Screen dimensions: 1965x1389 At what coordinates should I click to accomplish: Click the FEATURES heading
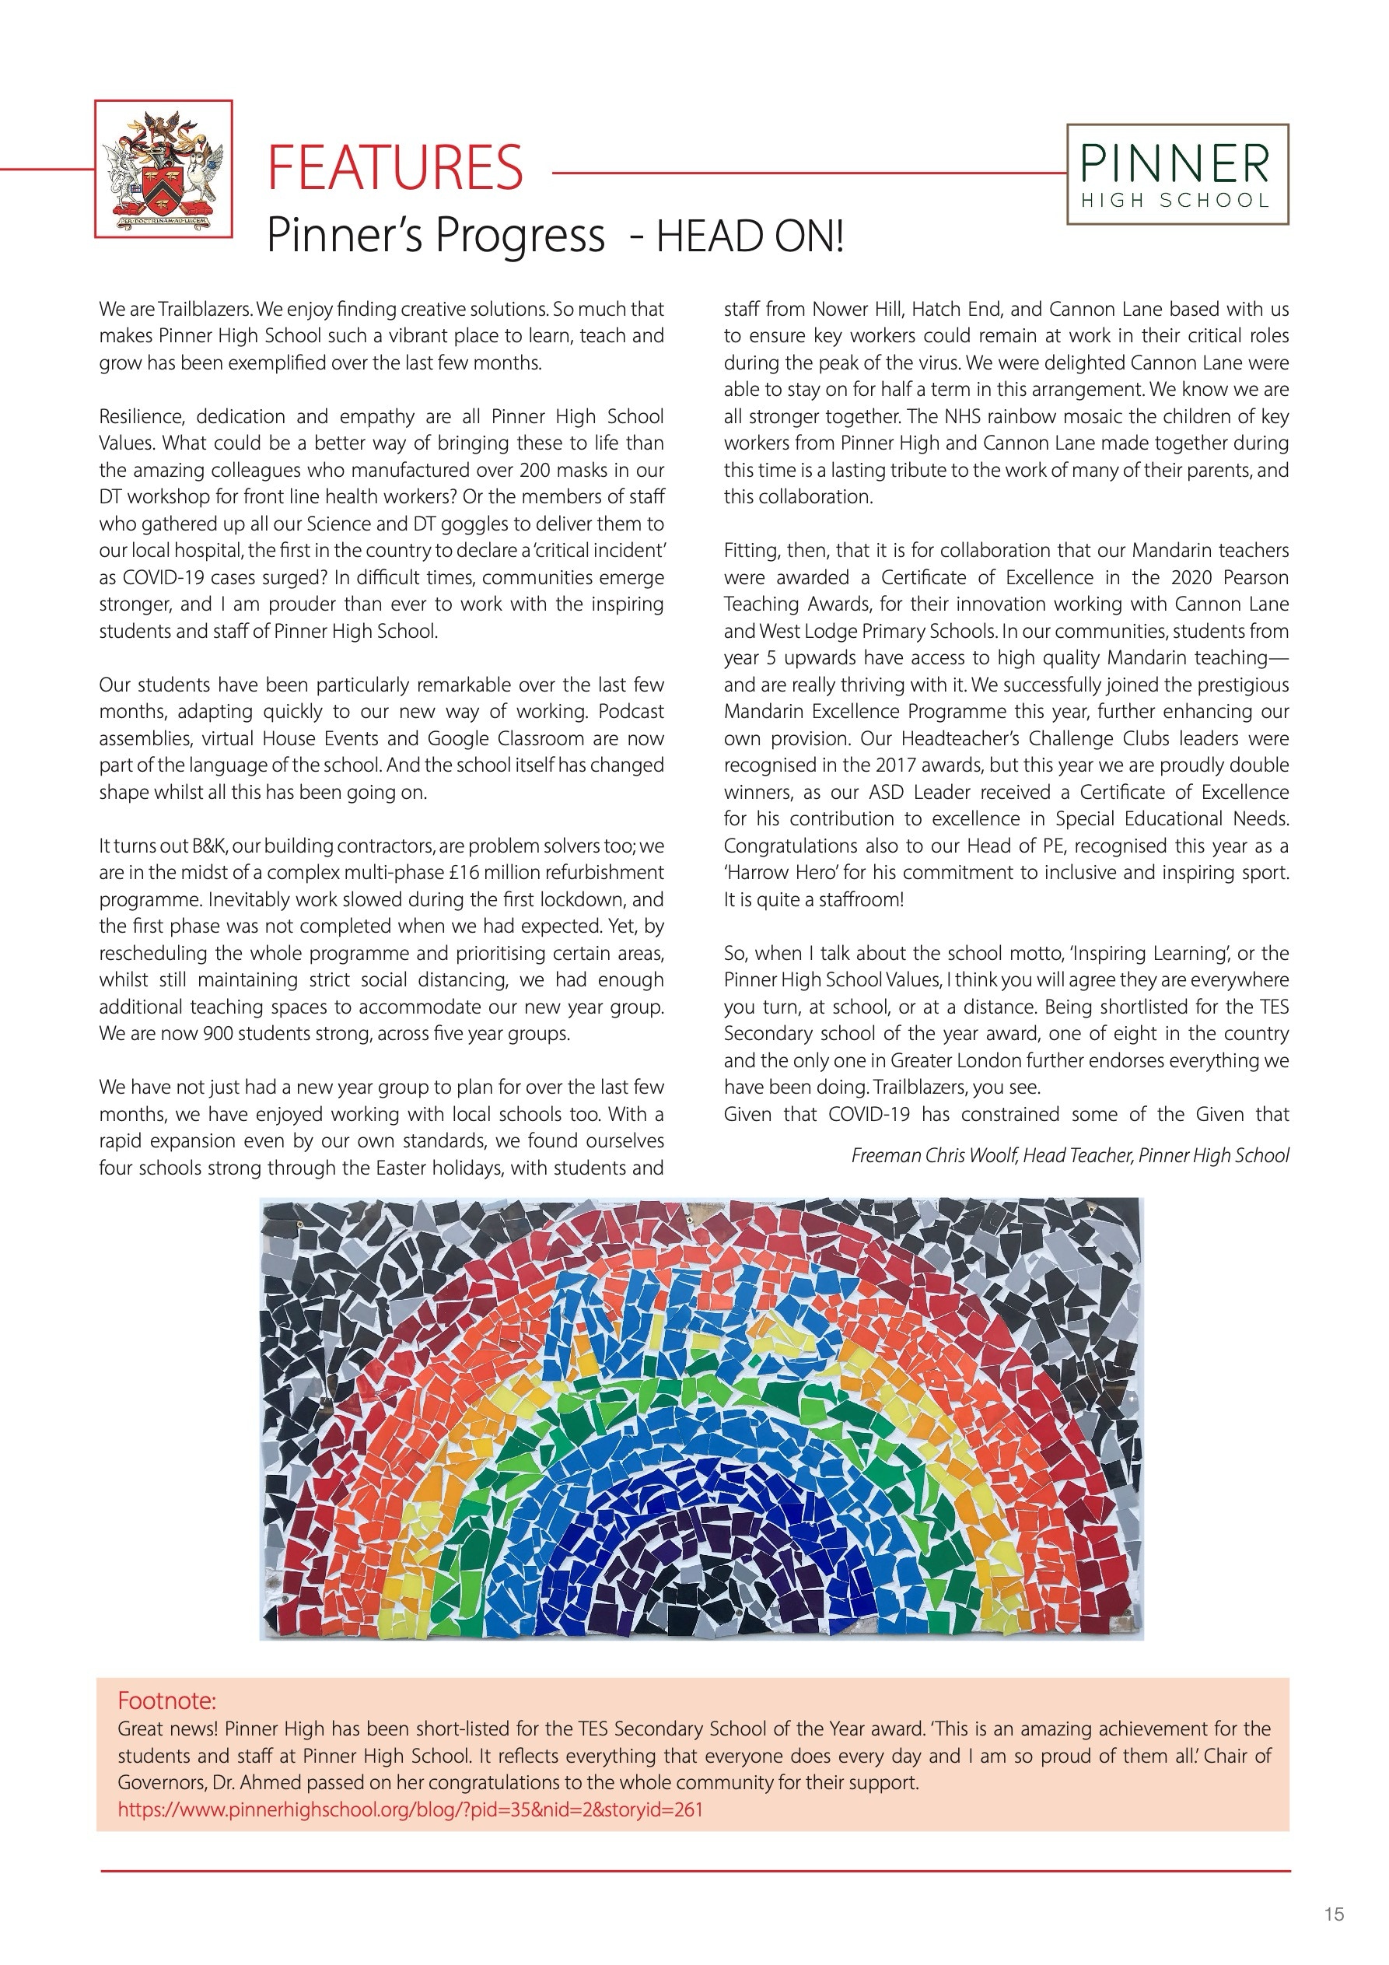(394, 168)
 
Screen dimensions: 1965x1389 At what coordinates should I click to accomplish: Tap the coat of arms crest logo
(163, 169)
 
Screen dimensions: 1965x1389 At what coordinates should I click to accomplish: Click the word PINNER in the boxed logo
(1176, 164)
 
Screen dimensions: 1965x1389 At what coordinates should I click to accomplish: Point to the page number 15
(1333, 1914)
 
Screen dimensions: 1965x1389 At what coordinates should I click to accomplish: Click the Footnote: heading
(167, 1700)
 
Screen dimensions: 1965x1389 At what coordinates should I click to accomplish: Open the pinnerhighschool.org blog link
(410, 1809)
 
